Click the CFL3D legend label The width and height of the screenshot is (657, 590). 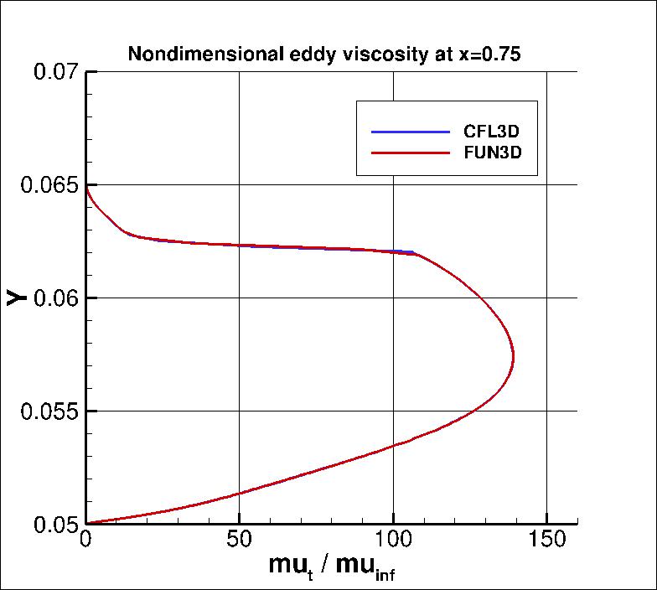[497, 132]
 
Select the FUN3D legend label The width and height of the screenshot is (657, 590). [497, 154]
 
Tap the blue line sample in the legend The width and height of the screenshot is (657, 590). [411, 132]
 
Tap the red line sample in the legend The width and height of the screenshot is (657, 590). [411, 154]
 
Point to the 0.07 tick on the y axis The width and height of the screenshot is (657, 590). [55, 72]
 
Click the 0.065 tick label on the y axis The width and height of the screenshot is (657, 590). [50, 185]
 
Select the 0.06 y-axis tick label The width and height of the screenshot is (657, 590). [55, 298]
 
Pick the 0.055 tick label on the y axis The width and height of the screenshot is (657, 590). [50, 411]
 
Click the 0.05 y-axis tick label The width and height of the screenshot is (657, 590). [55, 525]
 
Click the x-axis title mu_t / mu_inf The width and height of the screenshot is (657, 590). [332, 567]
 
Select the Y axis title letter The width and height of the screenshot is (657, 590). [16, 297]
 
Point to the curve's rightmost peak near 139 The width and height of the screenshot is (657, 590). [513, 355]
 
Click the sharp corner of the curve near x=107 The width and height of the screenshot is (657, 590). [415, 253]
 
